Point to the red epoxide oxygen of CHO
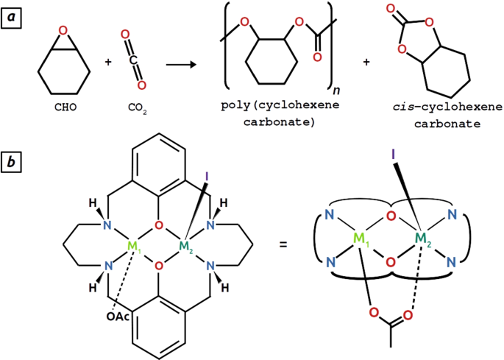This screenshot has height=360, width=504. point(64,31)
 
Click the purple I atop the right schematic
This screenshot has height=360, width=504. point(395,155)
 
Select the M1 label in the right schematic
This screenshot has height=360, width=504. point(360,239)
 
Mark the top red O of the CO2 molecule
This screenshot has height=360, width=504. point(126,35)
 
